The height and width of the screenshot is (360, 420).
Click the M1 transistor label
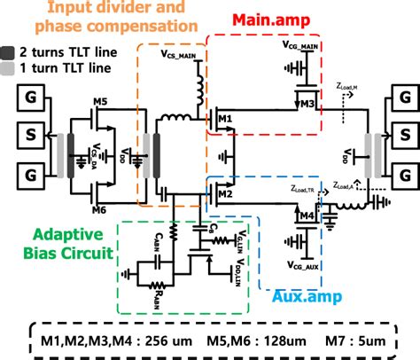[x=224, y=117]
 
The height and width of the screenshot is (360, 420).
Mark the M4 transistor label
[x=307, y=215]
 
